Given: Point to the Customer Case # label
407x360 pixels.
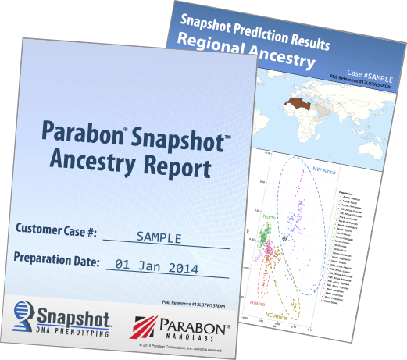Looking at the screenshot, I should point(55,233).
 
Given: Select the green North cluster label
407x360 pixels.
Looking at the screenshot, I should point(269,218).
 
